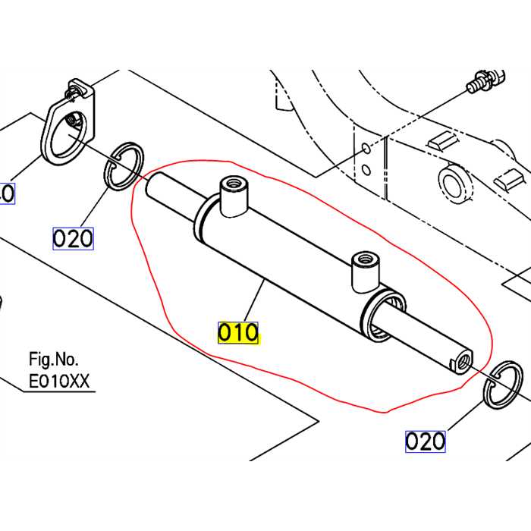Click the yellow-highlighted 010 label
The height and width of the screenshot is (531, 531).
click(x=239, y=332)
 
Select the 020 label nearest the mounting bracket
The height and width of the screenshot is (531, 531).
click(x=73, y=239)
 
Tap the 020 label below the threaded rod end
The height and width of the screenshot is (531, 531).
click(x=425, y=441)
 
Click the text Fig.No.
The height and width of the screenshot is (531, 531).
click(x=53, y=359)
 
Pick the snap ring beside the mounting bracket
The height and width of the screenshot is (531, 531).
click(x=123, y=165)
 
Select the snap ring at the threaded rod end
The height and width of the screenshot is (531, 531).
click(x=504, y=385)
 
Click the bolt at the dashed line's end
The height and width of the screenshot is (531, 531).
click(x=479, y=81)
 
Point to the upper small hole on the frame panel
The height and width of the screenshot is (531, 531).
click(x=366, y=149)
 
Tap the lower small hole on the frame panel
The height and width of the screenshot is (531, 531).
click(x=366, y=171)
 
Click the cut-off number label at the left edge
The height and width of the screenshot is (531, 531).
click(x=6, y=193)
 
